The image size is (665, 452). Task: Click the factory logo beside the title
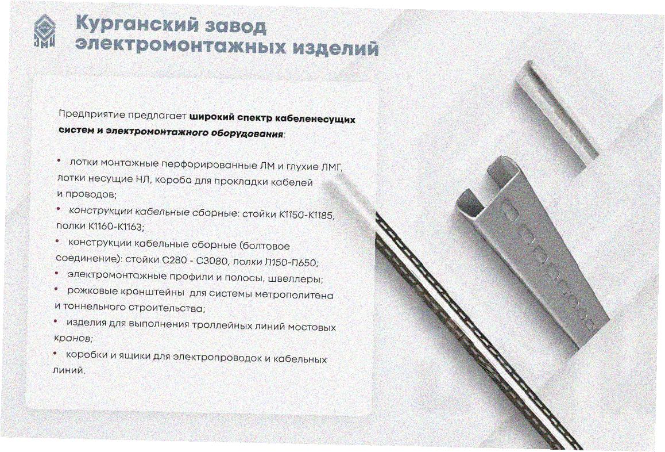tap(45, 30)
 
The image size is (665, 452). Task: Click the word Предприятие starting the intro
tap(92, 114)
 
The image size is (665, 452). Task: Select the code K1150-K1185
tap(307, 215)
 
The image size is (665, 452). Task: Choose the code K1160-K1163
tap(115, 227)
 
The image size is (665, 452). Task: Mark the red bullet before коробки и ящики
tap(55, 353)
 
